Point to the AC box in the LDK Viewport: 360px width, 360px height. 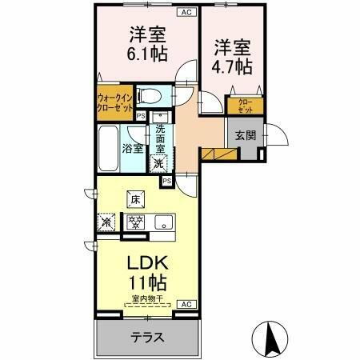(x=185, y=305)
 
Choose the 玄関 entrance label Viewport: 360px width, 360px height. (x=246, y=135)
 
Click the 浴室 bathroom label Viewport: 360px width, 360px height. (x=133, y=148)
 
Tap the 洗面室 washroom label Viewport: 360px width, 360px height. (x=161, y=140)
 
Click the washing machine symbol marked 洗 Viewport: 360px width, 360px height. (x=159, y=163)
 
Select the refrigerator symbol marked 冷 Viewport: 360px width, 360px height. (x=106, y=222)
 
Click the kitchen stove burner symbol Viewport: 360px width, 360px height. (x=136, y=222)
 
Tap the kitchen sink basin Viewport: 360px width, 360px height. (x=165, y=222)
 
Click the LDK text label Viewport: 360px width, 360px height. (x=146, y=264)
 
